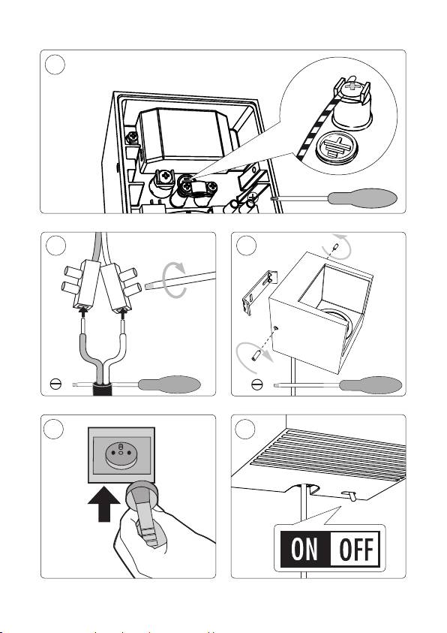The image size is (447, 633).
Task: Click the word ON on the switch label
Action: pyautogui.click(x=304, y=549)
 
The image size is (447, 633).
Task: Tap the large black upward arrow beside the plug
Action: pyautogui.click(x=104, y=504)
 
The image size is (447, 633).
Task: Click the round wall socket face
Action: pyautogui.click(x=121, y=454)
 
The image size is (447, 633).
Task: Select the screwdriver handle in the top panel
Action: pyautogui.click(x=362, y=198)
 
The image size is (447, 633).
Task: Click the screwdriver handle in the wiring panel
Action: pyautogui.click(x=169, y=384)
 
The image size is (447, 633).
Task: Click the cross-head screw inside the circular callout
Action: pyautogui.click(x=352, y=86)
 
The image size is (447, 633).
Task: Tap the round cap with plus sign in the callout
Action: pyautogui.click(x=337, y=147)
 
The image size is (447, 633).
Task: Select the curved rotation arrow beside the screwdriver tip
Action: pyautogui.click(x=174, y=280)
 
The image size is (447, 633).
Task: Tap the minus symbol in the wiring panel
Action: pyautogui.click(x=55, y=384)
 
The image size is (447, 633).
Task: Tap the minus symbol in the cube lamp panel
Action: pyautogui.click(x=256, y=384)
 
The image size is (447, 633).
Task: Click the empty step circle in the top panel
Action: pyautogui.click(x=55, y=65)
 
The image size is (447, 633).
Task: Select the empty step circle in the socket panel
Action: pyautogui.click(x=53, y=429)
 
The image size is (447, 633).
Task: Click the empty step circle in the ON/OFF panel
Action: pyautogui.click(x=245, y=429)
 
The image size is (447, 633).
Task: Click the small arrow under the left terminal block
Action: pyautogui.click(x=83, y=312)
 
